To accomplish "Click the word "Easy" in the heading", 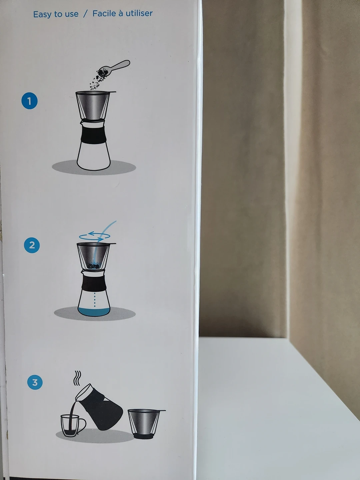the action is click(42, 14).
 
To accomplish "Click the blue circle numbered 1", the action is click(30, 101).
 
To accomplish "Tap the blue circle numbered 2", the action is click(32, 245).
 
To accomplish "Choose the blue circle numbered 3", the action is click(35, 382).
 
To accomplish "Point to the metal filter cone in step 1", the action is click(93, 105).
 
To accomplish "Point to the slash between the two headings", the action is click(85, 14).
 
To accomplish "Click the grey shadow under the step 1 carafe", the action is click(94, 168).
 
